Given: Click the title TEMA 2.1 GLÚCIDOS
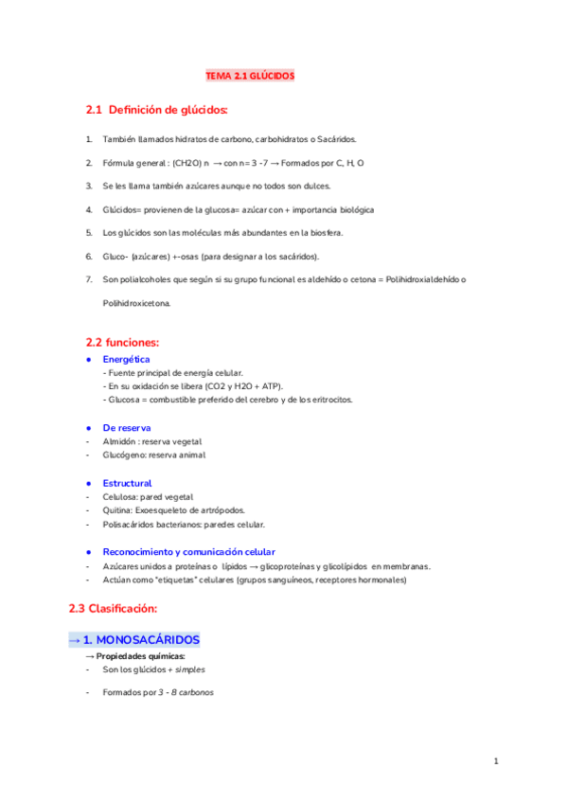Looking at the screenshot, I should pos(251,75).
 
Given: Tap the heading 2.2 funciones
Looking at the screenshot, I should pos(122,341).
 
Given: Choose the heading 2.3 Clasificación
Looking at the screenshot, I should pos(112,607).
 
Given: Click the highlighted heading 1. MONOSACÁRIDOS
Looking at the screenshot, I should pos(133,640).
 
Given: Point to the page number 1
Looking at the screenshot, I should pos(495,760).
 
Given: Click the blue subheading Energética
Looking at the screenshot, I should pos(126,360).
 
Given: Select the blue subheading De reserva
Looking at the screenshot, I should pos(126,427).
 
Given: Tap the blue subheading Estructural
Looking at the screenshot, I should pos(127,483).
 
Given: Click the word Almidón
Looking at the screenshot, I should pos(117,441).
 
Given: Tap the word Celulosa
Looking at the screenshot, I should pos(119,496).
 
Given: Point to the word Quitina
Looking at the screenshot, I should pos(116,510).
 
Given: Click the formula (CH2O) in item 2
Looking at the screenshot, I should pos(186,163).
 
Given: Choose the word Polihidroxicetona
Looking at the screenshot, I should pos(137,303).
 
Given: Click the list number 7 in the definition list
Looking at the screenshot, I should pos(88,279).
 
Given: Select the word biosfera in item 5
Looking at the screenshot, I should pos(324,232).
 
